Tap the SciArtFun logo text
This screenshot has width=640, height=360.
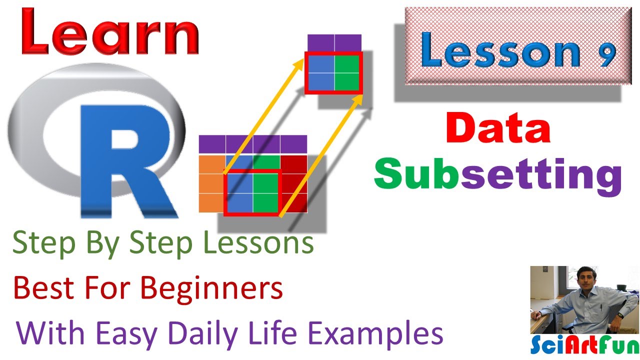(584, 345)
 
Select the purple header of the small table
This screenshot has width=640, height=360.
(334, 43)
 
